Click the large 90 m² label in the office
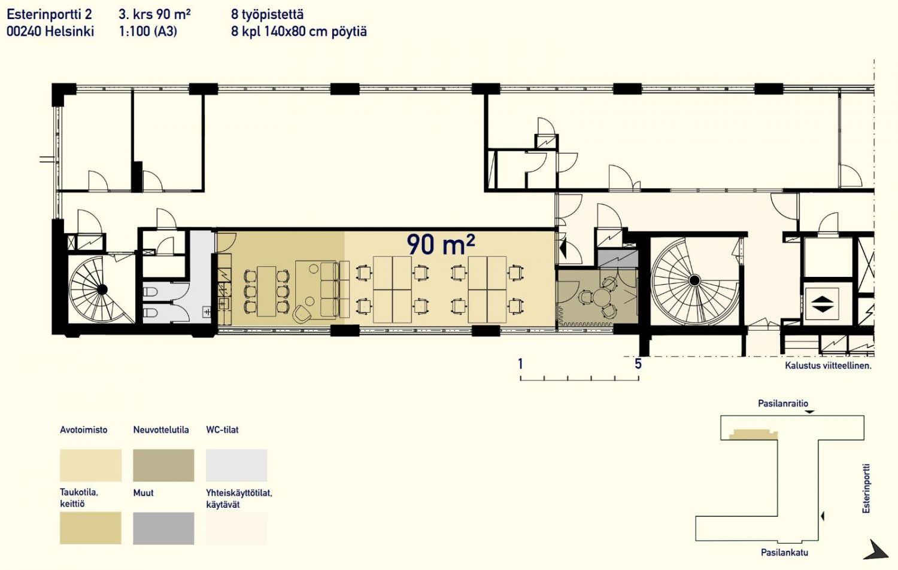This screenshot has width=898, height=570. point(441,245)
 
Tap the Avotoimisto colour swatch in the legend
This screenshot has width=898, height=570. point(90,465)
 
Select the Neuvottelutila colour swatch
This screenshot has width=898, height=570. point(163,465)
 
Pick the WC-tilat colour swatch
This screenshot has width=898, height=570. point(236,465)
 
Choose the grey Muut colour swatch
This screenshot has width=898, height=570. point(163,528)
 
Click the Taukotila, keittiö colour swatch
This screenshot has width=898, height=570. point(90,528)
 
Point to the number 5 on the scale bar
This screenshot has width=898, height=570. point(638,364)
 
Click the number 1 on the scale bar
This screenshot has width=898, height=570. point(520,364)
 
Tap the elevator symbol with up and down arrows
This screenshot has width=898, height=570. point(822,304)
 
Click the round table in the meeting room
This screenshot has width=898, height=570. point(601,298)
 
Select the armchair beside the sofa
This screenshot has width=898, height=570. point(302,314)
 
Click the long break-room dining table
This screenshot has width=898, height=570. point(266,291)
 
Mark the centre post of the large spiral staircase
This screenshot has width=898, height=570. point(694,281)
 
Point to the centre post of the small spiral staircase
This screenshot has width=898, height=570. point(102,289)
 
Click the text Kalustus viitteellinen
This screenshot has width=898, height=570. point(828,365)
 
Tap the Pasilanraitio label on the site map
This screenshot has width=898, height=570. point(783,403)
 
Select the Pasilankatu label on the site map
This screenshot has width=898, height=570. point(784,553)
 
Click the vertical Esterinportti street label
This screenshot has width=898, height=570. point(866,488)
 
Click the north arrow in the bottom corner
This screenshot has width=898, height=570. point(876,550)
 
